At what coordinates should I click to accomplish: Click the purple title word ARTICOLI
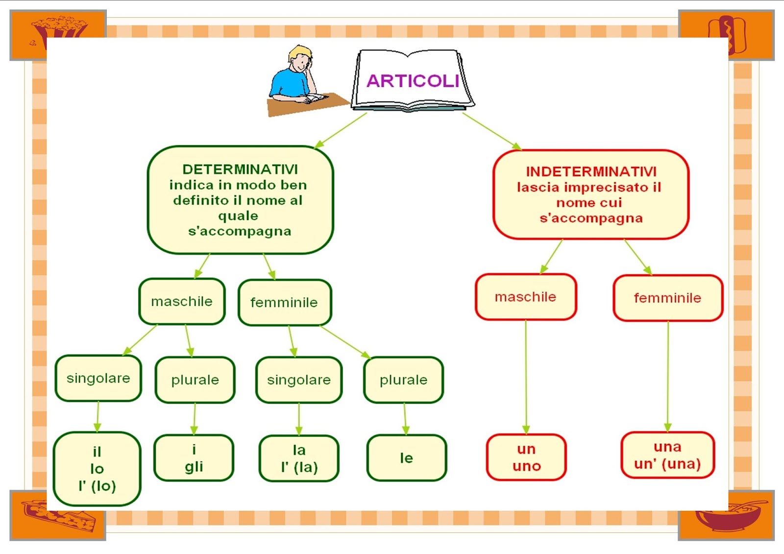[413, 81]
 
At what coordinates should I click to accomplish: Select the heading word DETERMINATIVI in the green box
[240, 169]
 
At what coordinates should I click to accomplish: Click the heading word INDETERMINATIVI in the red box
[591, 171]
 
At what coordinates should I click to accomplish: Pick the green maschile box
[182, 301]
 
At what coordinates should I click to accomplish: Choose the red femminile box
[667, 298]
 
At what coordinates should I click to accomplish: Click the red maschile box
[525, 297]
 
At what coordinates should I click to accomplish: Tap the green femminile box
[284, 303]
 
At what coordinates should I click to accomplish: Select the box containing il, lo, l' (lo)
[97, 469]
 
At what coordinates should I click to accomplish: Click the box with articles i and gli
[194, 458]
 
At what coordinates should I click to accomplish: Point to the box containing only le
[407, 458]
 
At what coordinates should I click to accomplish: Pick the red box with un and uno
[526, 458]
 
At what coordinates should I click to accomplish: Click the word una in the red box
[667, 447]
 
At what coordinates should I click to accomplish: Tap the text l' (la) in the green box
[299, 467]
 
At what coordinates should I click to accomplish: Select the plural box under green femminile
[403, 380]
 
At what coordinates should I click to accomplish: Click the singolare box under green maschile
[98, 378]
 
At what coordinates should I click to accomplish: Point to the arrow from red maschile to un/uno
[526, 377]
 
